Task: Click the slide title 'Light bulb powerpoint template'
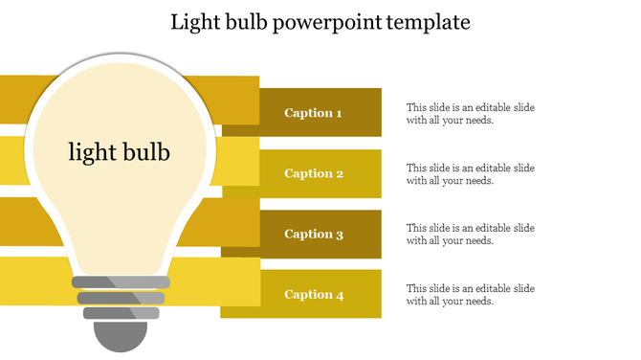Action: click(x=320, y=22)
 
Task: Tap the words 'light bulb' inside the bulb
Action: click(x=120, y=151)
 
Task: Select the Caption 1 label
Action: click(x=313, y=113)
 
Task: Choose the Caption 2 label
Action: click(x=314, y=173)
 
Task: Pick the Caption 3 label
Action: click(x=314, y=234)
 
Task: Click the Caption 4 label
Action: click(x=314, y=295)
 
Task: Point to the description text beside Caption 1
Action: click(x=470, y=114)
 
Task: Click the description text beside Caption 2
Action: click(x=470, y=174)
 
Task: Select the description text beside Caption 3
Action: click(x=470, y=235)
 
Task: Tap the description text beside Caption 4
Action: click(x=470, y=295)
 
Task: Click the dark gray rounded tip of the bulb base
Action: click(x=121, y=336)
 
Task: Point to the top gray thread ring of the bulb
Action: click(x=121, y=282)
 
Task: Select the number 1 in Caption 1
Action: click(x=338, y=113)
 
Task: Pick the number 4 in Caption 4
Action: click(x=339, y=295)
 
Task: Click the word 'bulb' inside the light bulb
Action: click(x=145, y=151)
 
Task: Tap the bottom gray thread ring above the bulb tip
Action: click(x=121, y=312)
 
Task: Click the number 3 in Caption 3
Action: click(x=339, y=234)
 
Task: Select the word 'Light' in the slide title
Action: click(x=195, y=22)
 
